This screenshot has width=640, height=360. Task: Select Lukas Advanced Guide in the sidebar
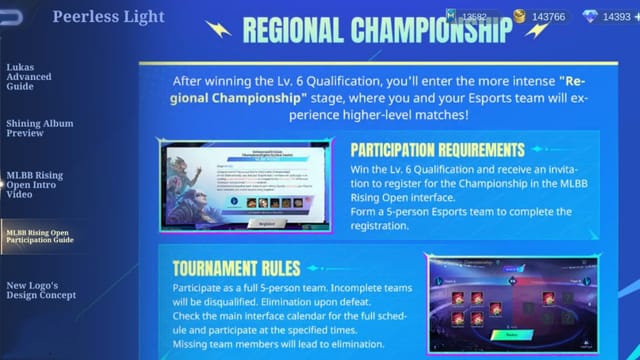click(x=29, y=77)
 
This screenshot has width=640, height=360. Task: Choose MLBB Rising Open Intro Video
click(x=34, y=184)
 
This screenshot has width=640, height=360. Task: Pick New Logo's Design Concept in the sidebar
click(x=40, y=290)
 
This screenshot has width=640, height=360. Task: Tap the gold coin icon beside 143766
click(x=519, y=17)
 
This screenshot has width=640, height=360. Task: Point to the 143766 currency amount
click(x=548, y=17)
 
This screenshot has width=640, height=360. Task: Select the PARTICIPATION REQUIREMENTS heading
click(x=437, y=150)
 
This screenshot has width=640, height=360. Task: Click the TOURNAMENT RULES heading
click(x=236, y=269)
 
